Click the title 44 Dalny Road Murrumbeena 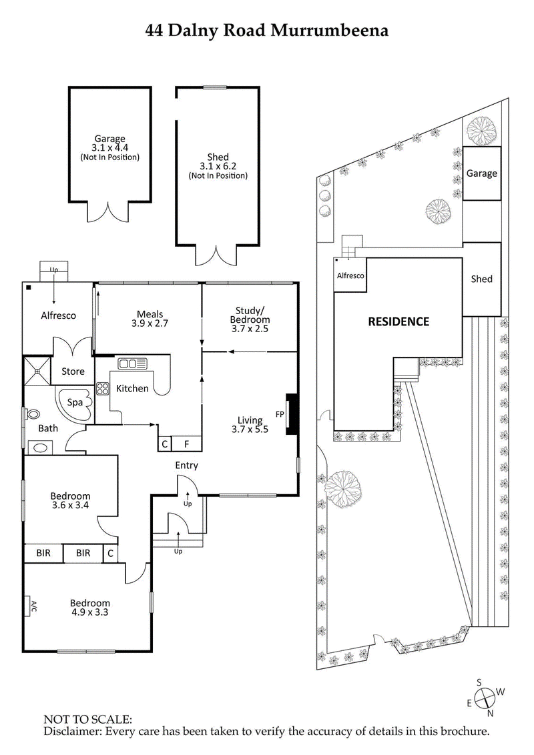click(267, 30)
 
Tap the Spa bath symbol click(74, 402)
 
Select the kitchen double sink click(132, 363)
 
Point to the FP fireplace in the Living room click(290, 414)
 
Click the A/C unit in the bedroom click(31, 606)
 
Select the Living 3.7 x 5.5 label click(250, 425)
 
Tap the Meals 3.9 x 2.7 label click(150, 319)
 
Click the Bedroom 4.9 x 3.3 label click(90, 608)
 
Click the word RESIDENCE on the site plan click(398, 321)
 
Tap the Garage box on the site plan click(481, 173)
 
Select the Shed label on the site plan click(481, 279)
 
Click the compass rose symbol click(488, 697)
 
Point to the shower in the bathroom click(37, 370)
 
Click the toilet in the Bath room click(32, 414)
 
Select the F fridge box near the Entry click(186, 444)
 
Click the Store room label click(73, 371)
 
